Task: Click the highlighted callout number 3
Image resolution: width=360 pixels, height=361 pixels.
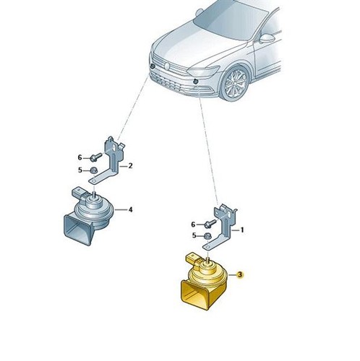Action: [240, 274]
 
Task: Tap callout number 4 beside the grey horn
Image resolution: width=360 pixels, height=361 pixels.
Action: [130, 210]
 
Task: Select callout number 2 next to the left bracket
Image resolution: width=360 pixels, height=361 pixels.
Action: [130, 166]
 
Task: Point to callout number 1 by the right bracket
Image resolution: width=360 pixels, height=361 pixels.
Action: [242, 230]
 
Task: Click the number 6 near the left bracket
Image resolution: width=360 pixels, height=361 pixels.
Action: [80, 157]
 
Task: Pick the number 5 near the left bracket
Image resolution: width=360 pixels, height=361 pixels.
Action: [80, 170]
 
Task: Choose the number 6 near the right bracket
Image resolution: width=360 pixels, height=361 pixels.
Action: [193, 225]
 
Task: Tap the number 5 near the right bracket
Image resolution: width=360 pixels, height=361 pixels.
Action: [194, 235]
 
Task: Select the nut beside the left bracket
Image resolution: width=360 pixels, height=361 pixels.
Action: [93, 170]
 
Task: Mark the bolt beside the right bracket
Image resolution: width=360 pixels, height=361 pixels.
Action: [210, 224]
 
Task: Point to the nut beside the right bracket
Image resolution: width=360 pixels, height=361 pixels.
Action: [207, 236]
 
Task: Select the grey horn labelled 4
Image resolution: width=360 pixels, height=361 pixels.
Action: [89, 217]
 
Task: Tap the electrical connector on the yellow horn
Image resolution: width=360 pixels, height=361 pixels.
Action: [193, 259]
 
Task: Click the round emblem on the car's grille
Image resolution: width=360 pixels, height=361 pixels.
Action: [167, 66]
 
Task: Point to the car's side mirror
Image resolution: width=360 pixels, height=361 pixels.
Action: [267, 38]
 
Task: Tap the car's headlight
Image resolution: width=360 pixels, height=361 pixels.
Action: [203, 71]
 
